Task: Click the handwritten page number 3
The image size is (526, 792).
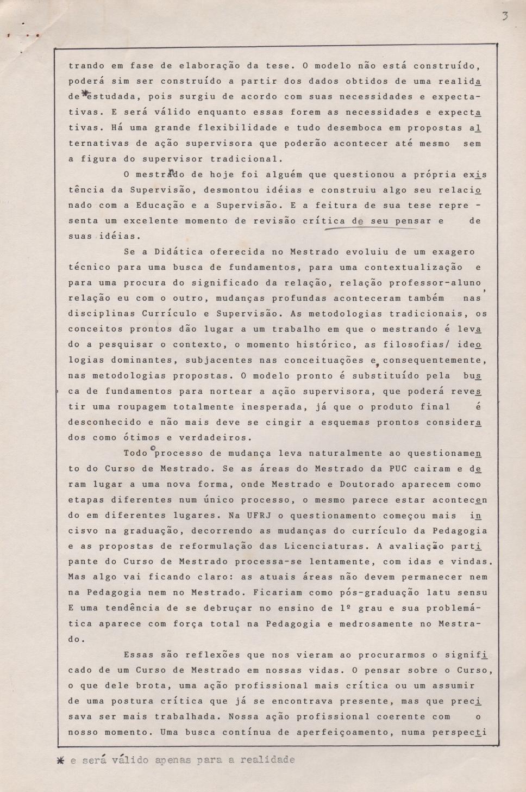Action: (x=505, y=16)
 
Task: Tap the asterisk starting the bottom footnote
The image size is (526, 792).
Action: (x=60, y=760)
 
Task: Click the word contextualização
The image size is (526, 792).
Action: (x=414, y=268)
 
